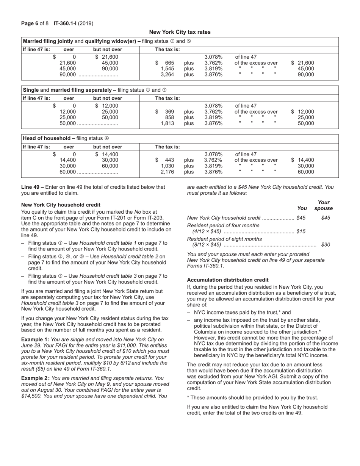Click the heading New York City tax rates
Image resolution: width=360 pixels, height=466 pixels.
180,32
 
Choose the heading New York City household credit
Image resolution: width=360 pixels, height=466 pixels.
61,205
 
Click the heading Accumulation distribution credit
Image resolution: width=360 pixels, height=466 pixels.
228,280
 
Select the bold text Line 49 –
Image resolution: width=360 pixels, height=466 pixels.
33,187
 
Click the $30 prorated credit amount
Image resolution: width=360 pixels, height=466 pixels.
325,245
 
